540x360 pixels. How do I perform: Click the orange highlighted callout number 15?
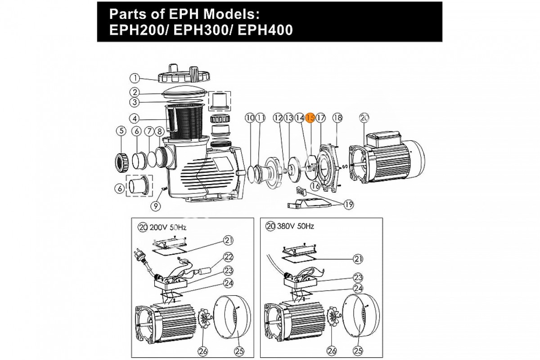coord(310,118)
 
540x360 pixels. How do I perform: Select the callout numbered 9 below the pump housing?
coord(156,206)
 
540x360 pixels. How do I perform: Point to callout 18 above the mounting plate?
coord(337,118)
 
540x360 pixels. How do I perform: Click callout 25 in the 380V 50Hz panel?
coord(359,349)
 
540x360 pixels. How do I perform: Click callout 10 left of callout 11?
coord(250,118)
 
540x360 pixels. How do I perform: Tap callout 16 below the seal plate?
coord(315,185)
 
